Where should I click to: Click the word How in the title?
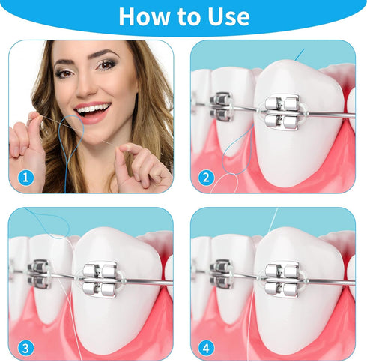pos(144,16)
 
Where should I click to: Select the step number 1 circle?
pos(25,178)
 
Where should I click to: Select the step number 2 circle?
pos(206,178)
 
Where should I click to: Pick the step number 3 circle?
pos(25,348)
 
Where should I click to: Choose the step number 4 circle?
pos(206,348)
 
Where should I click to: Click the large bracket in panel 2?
pos(282,112)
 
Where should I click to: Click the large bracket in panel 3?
pos(100,280)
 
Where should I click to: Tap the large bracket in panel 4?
pos(282,280)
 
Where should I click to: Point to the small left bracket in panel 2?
pos(221,106)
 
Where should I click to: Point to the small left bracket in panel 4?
pos(221,274)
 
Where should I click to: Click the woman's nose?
pos(85,88)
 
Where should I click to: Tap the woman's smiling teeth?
pos(93,109)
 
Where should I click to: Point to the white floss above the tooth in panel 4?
pos(272,220)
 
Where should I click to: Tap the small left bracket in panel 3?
pos(39,274)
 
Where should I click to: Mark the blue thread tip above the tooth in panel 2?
pos(300,55)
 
